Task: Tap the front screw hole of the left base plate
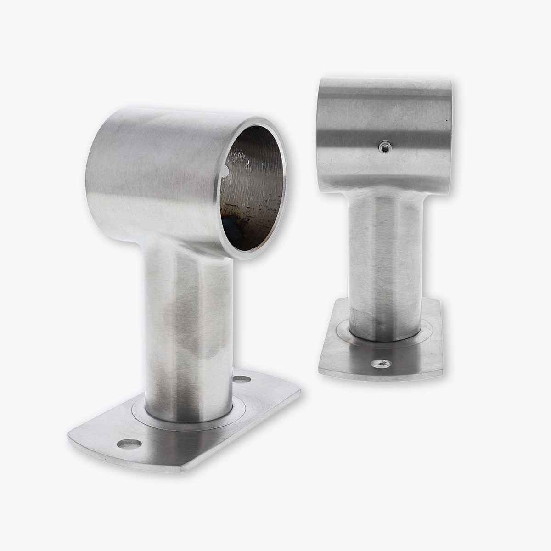tap(128, 444)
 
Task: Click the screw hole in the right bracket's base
tap(381, 364)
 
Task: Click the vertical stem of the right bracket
tap(386, 257)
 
